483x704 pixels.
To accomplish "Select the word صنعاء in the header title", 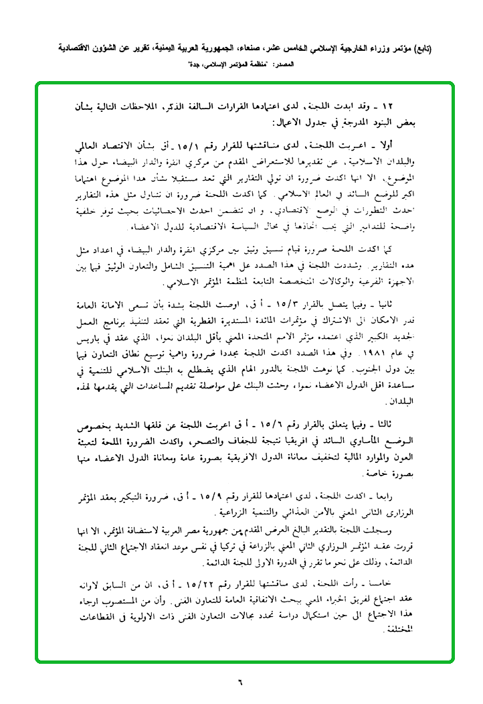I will click(278, 50).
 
